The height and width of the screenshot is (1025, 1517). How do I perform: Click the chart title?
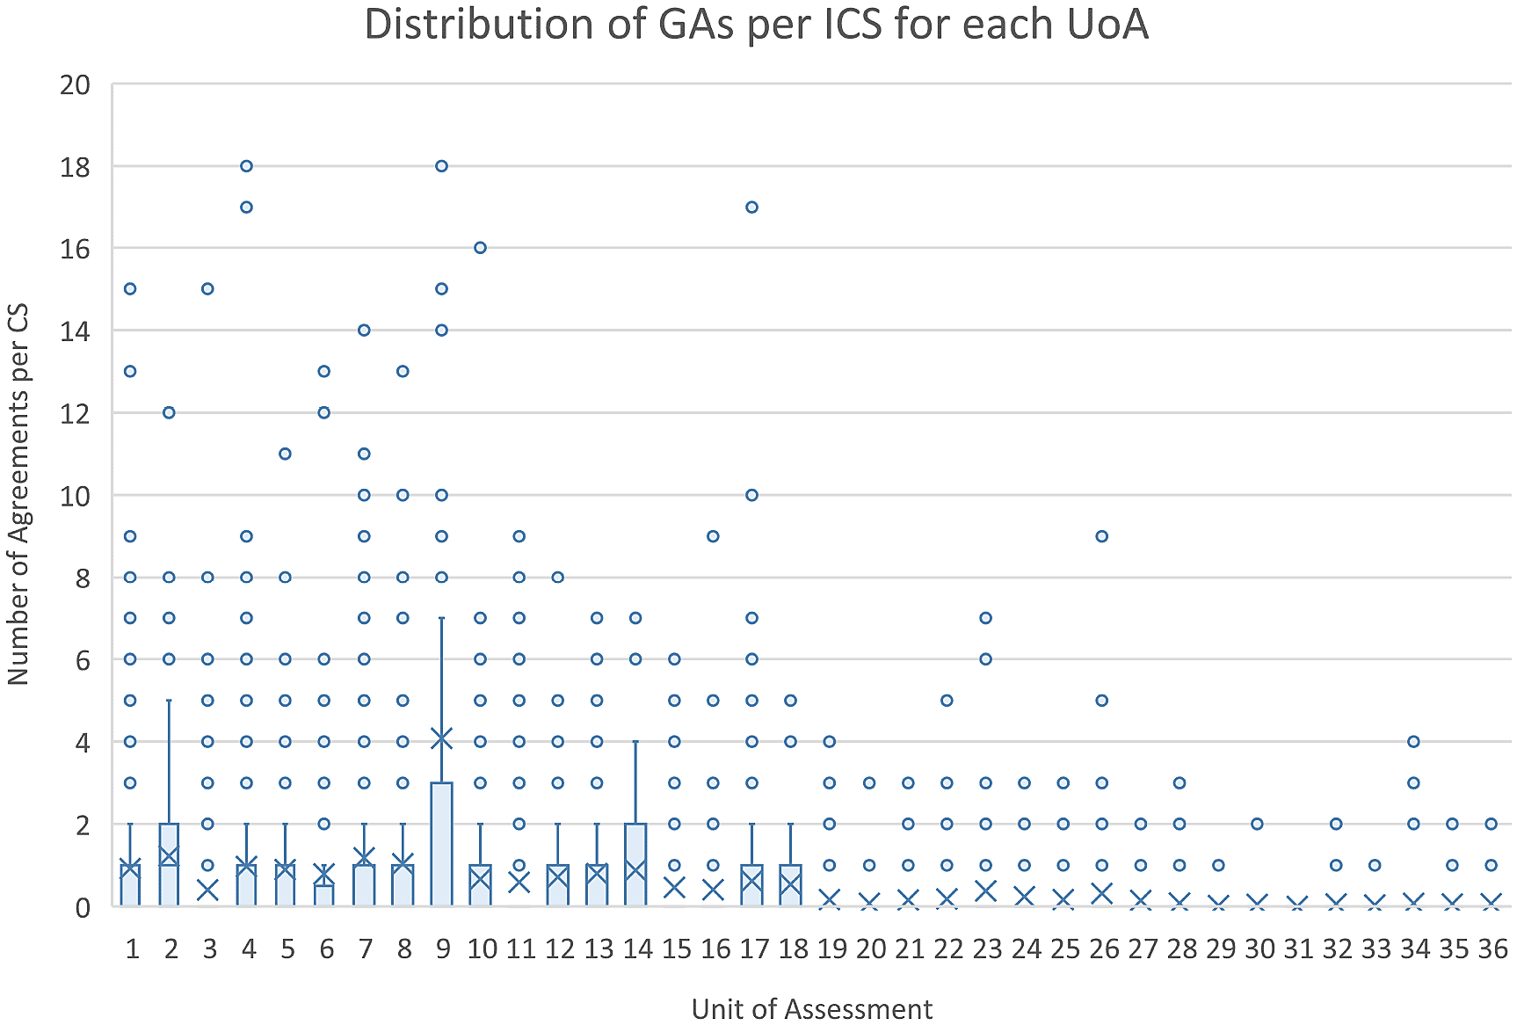[x=756, y=25]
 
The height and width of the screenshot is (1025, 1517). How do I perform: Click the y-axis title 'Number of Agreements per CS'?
[x=18, y=494]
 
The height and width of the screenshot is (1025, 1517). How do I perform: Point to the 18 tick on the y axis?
[x=76, y=167]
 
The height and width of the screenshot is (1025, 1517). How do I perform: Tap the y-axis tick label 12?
[x=76, y=413]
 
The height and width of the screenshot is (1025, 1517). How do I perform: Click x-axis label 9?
[x=442, y=949]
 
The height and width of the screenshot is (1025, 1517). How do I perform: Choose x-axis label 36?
[x=1492, y=949]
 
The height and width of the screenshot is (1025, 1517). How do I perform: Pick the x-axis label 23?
[x=987, y=949]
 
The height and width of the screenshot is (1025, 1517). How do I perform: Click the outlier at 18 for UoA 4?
[x=247, y=166]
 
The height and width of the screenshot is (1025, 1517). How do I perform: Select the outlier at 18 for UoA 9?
[x=442, y=166]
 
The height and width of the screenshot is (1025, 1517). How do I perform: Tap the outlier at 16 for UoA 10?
[x=480, y=248]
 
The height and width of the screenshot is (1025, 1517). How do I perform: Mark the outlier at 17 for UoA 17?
[x=751, y=207]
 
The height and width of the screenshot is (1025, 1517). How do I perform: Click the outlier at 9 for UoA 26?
[x=1102, y=536]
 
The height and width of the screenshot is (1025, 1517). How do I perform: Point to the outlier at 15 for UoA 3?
[x=207, y=289]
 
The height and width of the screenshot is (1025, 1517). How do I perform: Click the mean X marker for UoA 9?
[x=442, y=738]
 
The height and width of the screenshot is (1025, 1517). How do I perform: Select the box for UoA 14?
[x=635, y=864]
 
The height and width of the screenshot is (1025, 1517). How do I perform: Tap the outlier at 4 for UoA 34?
[x=1413, y=742]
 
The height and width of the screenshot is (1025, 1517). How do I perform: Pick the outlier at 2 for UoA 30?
[x=1258, y=824]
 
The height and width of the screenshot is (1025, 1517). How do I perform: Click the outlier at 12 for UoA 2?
[x=169, y=412]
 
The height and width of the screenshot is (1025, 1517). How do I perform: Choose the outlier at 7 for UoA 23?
[x=986, y=618]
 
